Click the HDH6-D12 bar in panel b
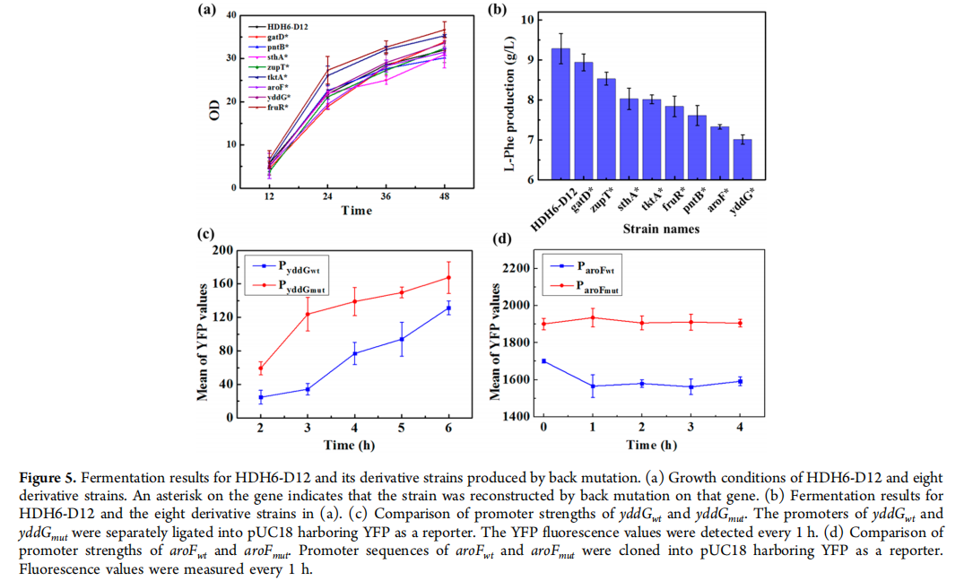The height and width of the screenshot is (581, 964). (x=560, y=115)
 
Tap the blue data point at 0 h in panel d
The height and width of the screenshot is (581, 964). (x=543, y=361)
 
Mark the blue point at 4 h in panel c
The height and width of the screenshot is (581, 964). (x=355, y=353)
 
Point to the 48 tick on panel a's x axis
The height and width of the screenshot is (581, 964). (x=445, y=196)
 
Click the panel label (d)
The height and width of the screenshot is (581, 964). (x=502, y=239)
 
